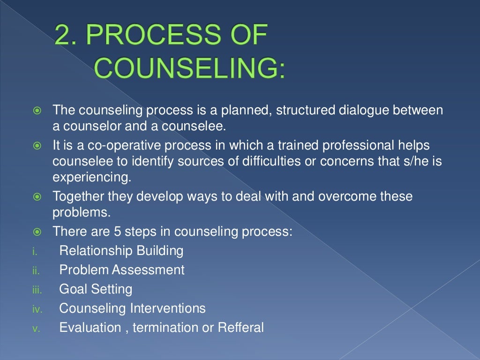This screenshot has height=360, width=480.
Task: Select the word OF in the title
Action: point(243,36)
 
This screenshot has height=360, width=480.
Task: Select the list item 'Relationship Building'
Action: point(121,250)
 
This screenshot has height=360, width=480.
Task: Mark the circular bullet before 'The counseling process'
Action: point(37,112)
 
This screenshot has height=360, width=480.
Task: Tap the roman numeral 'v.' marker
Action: point(35,329)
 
